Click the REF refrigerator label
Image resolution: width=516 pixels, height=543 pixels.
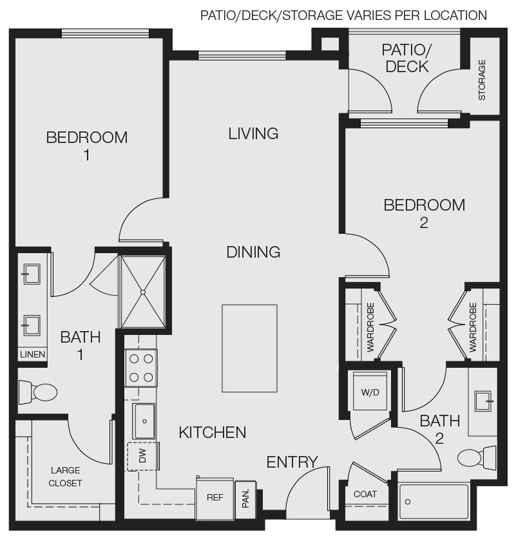pos(215,497)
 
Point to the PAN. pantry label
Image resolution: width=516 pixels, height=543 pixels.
pos(245,498)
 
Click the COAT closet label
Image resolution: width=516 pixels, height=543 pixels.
pos(365,494)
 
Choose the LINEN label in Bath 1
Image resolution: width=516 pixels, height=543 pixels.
pos(32,354)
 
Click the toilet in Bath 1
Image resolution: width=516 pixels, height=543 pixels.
pos(38,391)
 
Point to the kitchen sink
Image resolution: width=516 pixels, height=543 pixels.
pos(144,421)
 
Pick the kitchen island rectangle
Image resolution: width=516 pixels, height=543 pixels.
pos(250,348)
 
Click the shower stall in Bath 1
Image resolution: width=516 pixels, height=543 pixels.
pos(142,291)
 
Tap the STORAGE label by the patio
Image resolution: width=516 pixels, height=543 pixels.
pos(482,80)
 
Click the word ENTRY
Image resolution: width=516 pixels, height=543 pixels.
pos(292,462)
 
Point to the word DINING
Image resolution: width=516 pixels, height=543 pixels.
pos(253,252)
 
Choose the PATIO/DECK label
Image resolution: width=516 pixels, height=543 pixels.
pos(405,58)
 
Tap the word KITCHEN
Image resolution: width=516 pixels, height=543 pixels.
pos(213,432)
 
